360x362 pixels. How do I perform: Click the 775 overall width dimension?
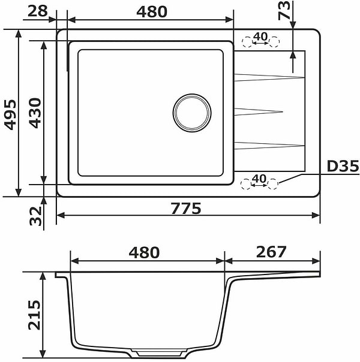[186, 208]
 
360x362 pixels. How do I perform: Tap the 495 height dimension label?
[11, 114]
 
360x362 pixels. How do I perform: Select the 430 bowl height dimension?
[35, 113]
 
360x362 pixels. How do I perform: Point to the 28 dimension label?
[37, 11]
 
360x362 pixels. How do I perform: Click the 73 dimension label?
[284, 11]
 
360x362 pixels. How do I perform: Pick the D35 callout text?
[343, 166]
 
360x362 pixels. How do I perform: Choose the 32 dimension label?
[35, 216]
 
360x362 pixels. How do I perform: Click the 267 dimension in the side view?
[271, 252]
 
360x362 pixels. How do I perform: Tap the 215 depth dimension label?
[34, 315]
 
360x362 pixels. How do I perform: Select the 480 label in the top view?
[152, 11]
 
